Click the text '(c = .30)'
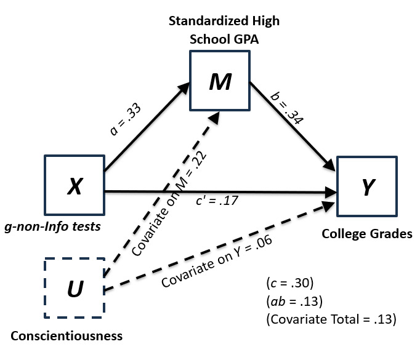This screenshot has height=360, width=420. coord(288,285)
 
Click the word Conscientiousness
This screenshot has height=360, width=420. coord(67,336)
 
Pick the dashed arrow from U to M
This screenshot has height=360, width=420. coord(185,166)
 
